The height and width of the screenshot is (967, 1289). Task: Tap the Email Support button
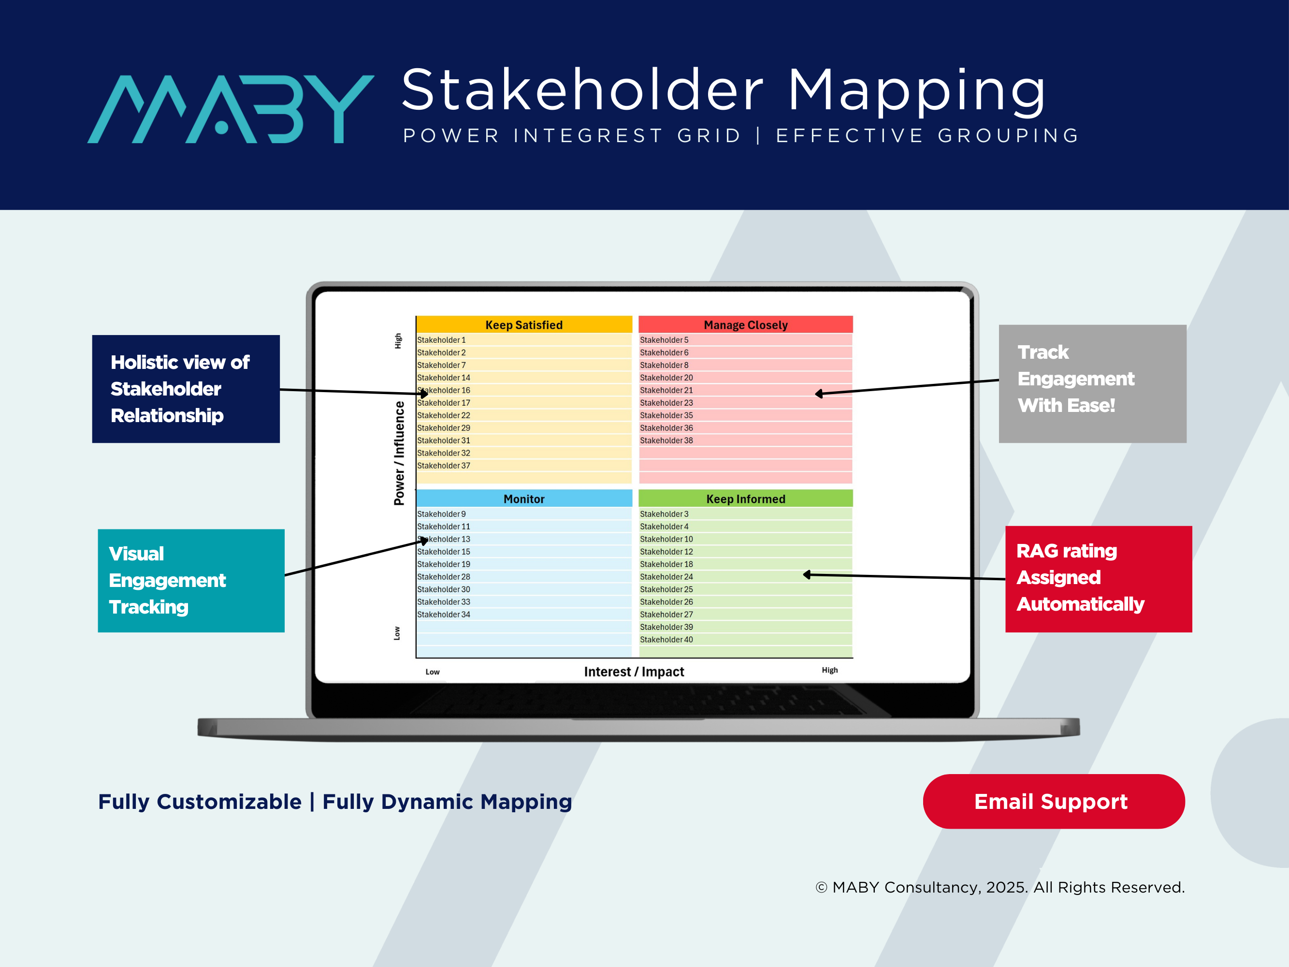click(x=1053, y=802)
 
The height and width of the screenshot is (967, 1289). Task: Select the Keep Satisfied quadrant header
click(x=524, y=324)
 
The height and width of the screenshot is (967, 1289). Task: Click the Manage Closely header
click(x=745, y=324)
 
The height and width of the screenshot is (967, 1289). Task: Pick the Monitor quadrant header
click(x=524, y=499)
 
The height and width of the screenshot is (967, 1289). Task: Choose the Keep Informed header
click(x=745, y=499)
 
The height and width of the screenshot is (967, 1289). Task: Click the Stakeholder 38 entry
click(x=666, y=440)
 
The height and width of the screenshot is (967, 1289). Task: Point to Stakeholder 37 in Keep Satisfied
click(x=444, y=466)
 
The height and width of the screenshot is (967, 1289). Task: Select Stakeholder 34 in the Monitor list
click(x=444, y=615)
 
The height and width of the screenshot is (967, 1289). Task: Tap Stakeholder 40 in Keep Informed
click(x=666, y=639)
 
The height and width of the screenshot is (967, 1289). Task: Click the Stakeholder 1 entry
click(x=441, y=340)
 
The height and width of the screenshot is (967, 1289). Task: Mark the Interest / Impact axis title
click(x=634, y=672)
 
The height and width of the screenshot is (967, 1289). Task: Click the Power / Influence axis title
click(x=399, y=453)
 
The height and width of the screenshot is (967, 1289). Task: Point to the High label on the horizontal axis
click(x=830, y=670)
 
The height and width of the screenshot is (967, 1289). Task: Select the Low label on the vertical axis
click(x=397, y=633)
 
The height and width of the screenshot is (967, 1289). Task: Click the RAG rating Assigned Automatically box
click(x=1098, y=579)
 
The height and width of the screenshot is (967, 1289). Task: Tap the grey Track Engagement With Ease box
click(x=1092, y=383)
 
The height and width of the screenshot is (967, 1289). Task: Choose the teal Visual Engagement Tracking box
click(x=191, y=581)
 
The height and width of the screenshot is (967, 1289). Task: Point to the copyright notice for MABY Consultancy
click(x=1000, y=887)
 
